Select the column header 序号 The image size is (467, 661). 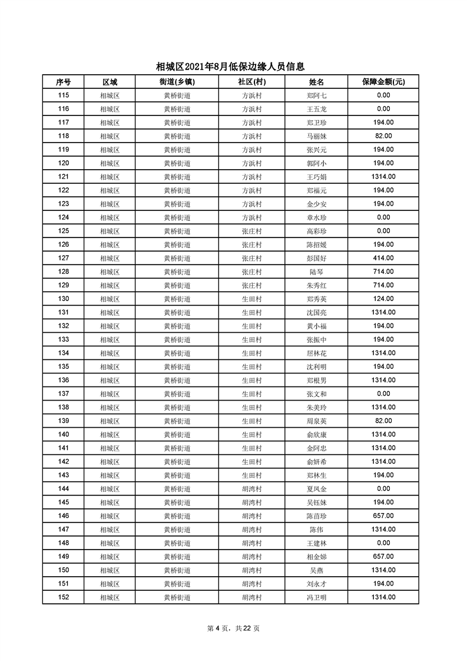coord(63,82)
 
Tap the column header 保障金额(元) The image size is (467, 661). coord(383,82)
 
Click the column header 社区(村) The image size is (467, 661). coord(251,82)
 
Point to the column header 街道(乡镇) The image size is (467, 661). coord(177,82)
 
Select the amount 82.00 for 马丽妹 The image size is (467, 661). coord(383,136)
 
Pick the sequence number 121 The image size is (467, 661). coord(64,177)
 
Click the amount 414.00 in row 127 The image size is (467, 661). coord(383,258)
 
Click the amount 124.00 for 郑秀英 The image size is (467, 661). coord(383,299)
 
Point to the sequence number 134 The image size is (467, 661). coord(64,353)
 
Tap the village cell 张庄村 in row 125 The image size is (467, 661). coord(251,231)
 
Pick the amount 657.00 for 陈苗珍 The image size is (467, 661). coord(383,516)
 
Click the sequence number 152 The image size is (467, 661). coord(64,597)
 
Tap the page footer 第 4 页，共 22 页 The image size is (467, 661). coord(234,628)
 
